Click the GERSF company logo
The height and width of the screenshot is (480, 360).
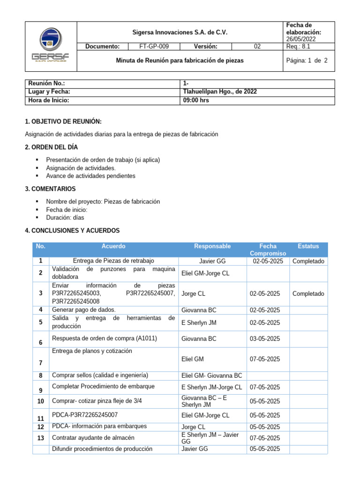50,46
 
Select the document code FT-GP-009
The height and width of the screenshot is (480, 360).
154,46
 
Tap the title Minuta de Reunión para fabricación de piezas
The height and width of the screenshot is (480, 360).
180,61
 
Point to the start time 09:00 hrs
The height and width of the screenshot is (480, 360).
196,100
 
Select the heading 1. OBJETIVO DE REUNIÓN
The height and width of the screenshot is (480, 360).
63,121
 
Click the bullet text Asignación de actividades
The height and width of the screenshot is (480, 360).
81,168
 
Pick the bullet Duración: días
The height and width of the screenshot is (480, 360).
65,217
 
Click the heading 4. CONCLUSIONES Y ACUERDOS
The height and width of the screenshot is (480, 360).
72,231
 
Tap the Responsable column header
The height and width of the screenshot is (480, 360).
212,246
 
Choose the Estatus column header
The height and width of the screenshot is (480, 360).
308,246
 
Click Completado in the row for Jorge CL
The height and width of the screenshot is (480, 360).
308,293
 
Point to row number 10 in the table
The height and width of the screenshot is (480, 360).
40,401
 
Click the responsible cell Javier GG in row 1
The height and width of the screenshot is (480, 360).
212,261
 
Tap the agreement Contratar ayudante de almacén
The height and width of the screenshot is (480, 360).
93,438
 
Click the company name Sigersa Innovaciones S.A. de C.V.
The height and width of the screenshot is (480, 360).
180,32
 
